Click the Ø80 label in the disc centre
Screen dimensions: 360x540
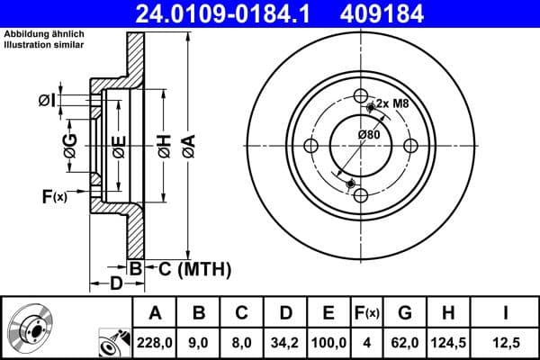pos(368,134)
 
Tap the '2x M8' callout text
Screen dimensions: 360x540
pos(392,104)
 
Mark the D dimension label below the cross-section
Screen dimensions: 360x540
pos(116,284)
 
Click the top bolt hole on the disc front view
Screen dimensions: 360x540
pos(360,96)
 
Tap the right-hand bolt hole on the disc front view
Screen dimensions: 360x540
pos(409,146)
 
